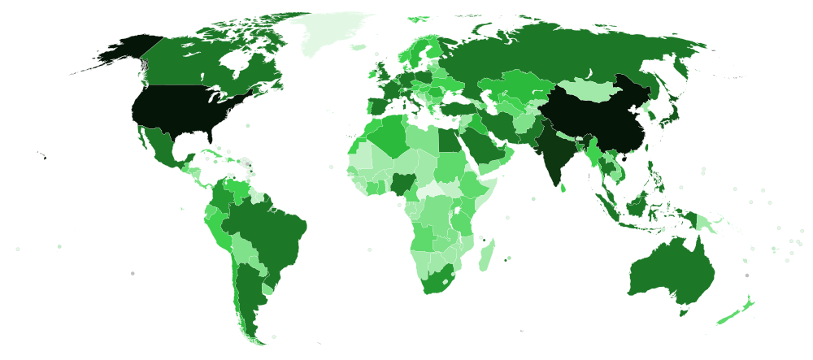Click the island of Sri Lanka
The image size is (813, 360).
563,184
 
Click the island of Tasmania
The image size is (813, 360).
684,310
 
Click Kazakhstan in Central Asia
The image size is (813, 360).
520,86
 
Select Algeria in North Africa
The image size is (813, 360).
389,137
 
